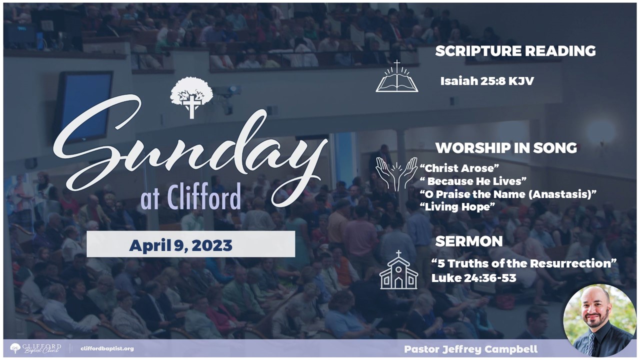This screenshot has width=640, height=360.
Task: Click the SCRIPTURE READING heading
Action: (x=515, y=51)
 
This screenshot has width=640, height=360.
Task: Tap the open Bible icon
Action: (x=397, y=76)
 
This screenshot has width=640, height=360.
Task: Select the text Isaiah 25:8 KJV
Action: (x=487, y=81)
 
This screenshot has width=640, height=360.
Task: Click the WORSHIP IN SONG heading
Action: (x=506, y=148)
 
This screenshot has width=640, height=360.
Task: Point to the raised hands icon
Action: (x=396, y=174)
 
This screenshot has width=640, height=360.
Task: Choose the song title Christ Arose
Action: (x=459, y=168)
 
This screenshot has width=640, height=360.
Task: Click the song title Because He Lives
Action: (x=473, y=181)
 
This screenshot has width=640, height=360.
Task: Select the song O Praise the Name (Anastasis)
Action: (x=508, y=194)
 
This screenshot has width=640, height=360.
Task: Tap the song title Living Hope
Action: (x=457, y=207)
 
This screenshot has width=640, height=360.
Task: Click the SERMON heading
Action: (x=469, y=241)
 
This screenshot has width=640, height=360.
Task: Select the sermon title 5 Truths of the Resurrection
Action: (x=523, y=263)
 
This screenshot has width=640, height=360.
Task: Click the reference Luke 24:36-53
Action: (x=473, y=278)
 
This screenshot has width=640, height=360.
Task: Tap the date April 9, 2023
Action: (x=180, y=245)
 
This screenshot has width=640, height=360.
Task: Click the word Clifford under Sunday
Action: (x=203, y=196)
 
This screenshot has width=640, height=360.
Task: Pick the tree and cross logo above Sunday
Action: (x=191, y=97)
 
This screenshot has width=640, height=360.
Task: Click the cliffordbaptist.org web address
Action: (x=107, y=348)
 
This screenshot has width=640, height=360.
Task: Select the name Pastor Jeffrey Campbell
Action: (x=471, y=349)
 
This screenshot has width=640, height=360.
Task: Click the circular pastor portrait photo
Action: (x=599, y=320)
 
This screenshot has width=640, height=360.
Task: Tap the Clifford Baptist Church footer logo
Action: (x=35, y=348)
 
